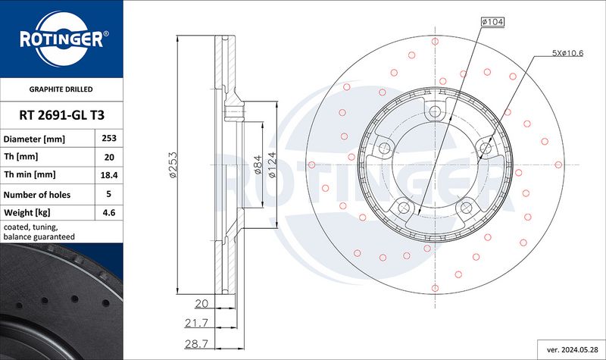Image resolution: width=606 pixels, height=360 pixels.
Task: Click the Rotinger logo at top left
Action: tap(62, 39)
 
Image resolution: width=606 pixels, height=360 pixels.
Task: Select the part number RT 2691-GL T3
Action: tap(62, 115)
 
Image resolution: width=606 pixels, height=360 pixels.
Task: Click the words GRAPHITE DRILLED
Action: tap(61, 89)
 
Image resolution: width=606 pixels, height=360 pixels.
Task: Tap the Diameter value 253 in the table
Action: tap(109, 138)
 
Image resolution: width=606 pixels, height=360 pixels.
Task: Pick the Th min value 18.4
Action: tap(109, 175)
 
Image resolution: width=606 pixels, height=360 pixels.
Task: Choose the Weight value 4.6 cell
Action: tap(109, 212)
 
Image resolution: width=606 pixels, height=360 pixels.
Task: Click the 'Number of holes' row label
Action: tap(37, 195)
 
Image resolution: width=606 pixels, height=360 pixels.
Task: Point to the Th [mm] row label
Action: tap(21, 157)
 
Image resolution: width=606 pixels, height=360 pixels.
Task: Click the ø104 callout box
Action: tap(493, 22)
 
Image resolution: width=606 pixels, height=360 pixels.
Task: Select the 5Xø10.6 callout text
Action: tap(567, 53)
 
